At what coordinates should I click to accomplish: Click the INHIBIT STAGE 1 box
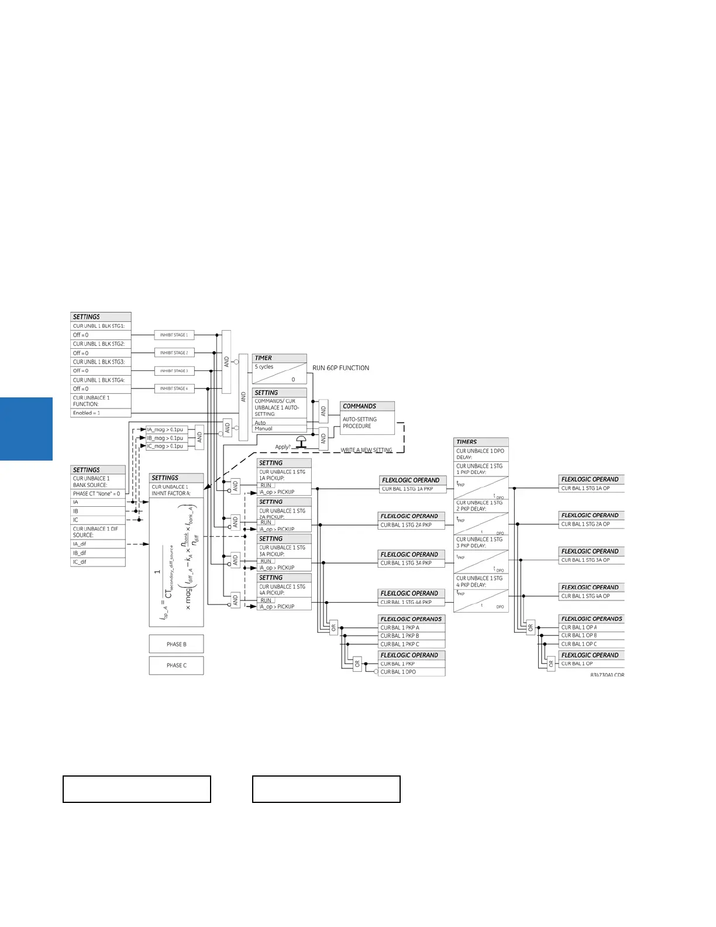[x=174, y=335]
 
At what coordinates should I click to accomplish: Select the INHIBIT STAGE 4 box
[x=174, y=389]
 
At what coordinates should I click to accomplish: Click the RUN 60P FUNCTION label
[x=340, y=368]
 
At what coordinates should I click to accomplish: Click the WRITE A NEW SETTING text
[x=366, y=450]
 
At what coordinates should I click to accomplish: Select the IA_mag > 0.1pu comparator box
[x=166, y=430]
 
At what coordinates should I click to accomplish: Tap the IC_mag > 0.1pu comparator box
[x=166, y=446]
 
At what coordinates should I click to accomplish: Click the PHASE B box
[x=176, y=644]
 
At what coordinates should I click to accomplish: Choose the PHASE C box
[x=176, y=665]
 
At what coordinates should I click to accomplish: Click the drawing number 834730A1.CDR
[x=607, y=675]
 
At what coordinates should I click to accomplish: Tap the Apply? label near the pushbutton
[x=283, y=447]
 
